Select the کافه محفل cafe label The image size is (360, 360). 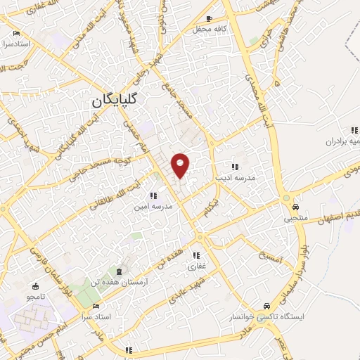(x=210, y=30)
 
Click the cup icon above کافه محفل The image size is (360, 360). (x=210, y=18)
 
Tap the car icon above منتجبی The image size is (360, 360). (x=296, y=207)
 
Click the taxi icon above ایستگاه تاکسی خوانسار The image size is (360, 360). (x=266, y=306)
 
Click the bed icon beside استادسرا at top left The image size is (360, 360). (x=16, y=33)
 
